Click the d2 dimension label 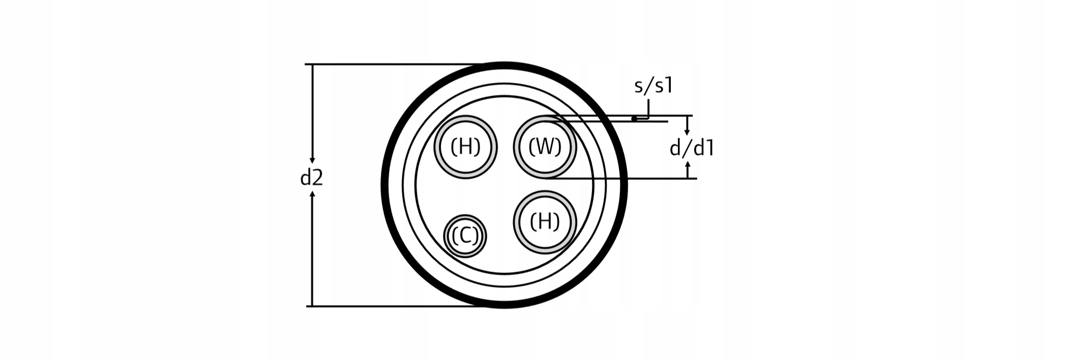click(x=311, y=178)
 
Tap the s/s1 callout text click(x=653, y=85)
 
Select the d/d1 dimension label click(x=692, y=148)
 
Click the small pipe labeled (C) click(x=465, y=235)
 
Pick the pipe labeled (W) click(x=545, y=147)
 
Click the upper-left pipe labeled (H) click(x=465, y=147)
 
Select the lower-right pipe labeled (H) click(x=545, y=222)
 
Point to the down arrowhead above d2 click(x=312, y=160)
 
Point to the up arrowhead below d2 click(x=312, y=194)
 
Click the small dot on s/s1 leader click(x=634, y=118)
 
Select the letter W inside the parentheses click(x=545, y=147)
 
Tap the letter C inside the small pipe click(x=465, y=236)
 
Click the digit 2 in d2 click(x=317, y=178)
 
